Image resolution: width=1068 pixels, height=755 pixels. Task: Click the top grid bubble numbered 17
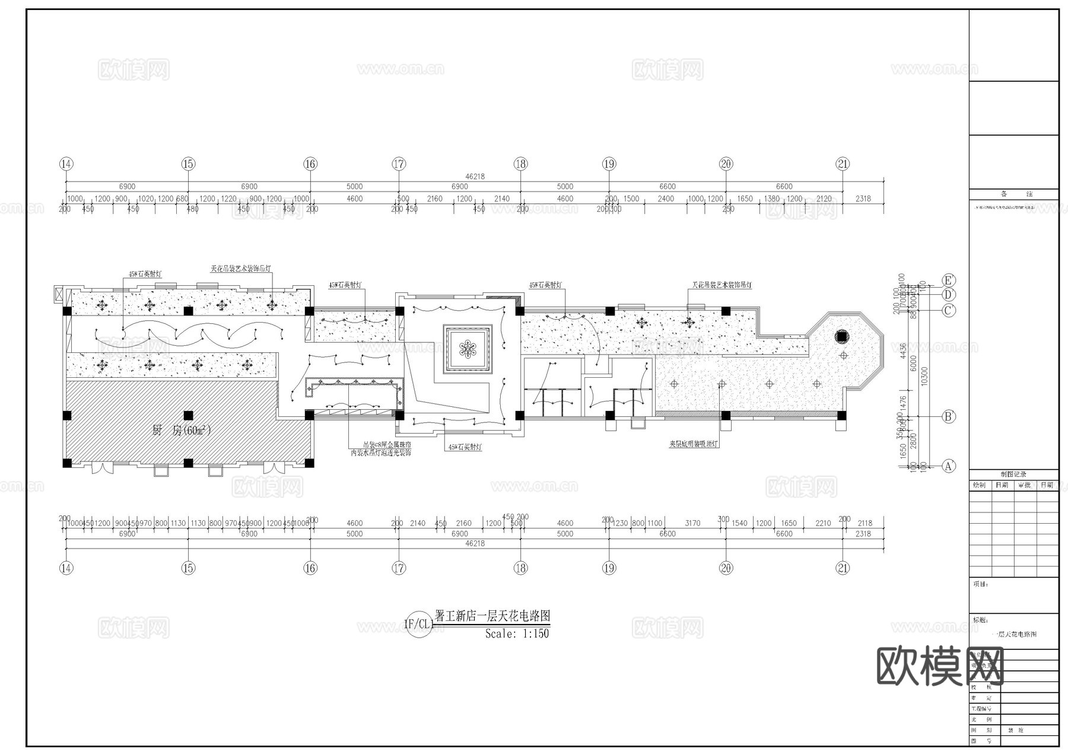(399, 164)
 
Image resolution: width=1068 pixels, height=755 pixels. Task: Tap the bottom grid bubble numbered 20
(726, 568)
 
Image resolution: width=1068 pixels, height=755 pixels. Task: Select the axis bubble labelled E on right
(949, 280)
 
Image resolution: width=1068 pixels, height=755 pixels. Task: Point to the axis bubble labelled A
(949, 466)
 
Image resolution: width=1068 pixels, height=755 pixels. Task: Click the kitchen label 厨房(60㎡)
(182, 431)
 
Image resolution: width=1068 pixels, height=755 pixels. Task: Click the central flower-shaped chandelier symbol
(468, 349)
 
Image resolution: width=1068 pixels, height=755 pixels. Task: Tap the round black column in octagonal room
(841, 336)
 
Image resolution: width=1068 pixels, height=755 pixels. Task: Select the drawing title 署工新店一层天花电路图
(492, 616)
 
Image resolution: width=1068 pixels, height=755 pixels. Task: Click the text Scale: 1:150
(517, 633)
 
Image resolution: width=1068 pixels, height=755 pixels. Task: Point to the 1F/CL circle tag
(418, 624)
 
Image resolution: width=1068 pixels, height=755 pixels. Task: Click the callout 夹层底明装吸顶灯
(694, 444)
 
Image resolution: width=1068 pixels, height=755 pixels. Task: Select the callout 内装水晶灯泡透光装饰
(380, 453)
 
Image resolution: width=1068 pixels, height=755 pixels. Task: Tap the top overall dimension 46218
(475, 176)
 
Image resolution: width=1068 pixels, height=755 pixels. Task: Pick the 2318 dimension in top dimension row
(863, 199)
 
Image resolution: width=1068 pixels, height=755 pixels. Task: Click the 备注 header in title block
(1013, 194)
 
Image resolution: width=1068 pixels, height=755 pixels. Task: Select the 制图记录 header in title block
(1013, 474)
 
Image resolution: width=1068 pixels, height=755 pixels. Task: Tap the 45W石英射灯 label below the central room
(465, 447)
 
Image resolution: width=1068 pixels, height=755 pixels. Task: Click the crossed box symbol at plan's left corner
(58, 294)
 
